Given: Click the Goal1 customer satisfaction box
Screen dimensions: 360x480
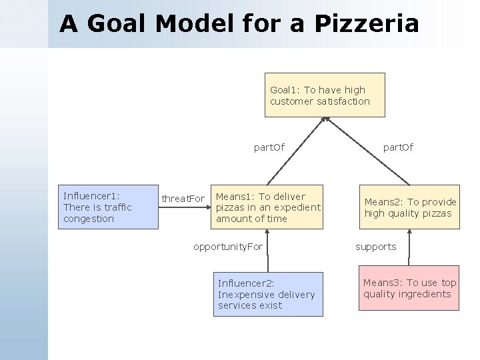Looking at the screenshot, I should tap(325, 95).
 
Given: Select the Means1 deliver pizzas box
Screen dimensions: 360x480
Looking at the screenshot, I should tap(267, 207).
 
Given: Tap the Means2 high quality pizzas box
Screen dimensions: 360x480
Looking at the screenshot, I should tap(410, 207).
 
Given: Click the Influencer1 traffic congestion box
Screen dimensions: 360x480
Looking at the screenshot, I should tap(109, 207).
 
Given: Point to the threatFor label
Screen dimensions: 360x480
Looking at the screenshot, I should tap(183, 199).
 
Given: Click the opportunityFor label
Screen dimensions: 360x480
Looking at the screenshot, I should tap(228, 247).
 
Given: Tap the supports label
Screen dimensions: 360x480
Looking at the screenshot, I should tap(375, 247).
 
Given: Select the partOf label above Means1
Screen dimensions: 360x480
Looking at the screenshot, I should tap(269, 147).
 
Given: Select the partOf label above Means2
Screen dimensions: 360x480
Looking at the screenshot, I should tap(398, 147).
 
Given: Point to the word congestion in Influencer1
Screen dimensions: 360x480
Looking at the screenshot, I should tap(89, 219).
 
